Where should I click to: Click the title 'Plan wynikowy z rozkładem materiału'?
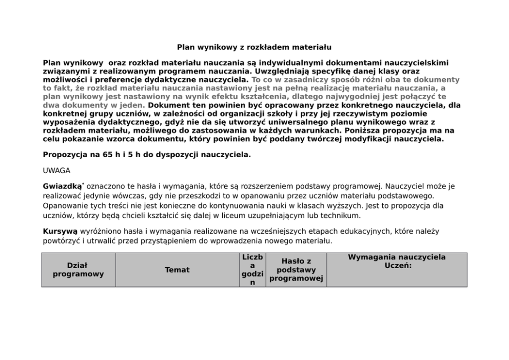pos(254,47)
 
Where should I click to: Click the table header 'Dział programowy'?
pos(78,270)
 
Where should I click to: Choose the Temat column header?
pos(177,270)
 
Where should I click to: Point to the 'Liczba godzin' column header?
pos(252,270)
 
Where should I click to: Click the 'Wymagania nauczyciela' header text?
pos(397,257)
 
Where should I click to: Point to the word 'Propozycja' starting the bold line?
pos(65,154)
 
